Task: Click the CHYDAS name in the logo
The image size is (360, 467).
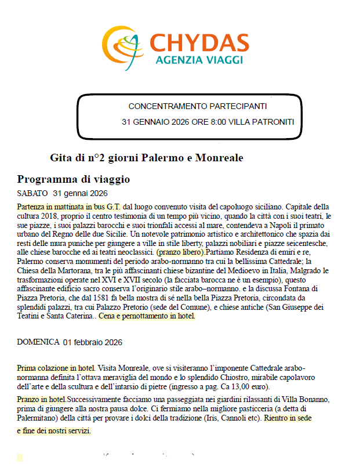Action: [x=199, y=42]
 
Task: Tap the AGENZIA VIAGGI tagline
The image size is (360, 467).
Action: [x=199, y=60]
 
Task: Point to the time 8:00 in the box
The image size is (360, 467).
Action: [x=217, y=122]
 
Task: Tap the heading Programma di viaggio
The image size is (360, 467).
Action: [x=74, y=179]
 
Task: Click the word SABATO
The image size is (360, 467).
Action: [x=32, y=193]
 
